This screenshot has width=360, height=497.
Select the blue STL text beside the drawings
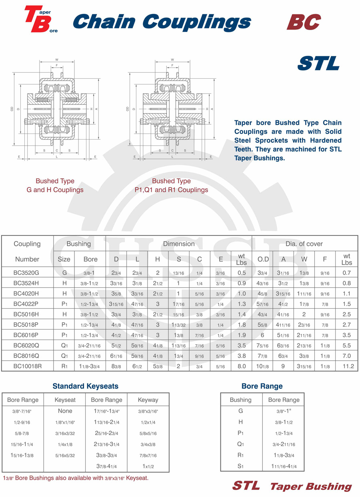click(x=318, y=64)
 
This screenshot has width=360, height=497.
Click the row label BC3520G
click(x=27, y=273)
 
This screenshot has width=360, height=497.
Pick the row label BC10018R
click(x=27, y=366)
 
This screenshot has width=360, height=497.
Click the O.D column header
click(x=263, y=259)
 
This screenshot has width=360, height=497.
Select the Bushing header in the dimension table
click(x=78, y=244)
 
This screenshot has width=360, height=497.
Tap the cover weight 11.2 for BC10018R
click(x=346, y=366)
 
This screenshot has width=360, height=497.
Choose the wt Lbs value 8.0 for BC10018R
click(x=242, y=366)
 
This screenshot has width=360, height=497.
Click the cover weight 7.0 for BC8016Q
click(x=346, y=355)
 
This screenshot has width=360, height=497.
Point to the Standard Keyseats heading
click(x=86, y=386)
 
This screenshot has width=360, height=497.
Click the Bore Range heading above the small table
click(x=262, y=386)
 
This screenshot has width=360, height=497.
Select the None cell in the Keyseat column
click(x=65, y=411)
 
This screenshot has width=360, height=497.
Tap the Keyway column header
click(x=148, y=400)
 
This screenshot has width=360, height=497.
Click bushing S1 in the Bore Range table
click(x=240, y=467)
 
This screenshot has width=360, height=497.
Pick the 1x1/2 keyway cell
click(x=148, y=467)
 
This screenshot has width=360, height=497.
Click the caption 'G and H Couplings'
click(x=55, y=190)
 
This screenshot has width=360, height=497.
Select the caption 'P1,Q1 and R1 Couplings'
click(x=171, y=190)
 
